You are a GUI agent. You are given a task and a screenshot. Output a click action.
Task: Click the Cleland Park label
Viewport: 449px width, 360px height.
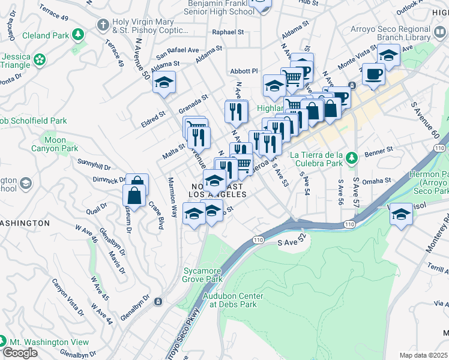45,35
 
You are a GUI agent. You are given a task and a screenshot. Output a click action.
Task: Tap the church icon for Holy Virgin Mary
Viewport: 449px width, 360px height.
103,25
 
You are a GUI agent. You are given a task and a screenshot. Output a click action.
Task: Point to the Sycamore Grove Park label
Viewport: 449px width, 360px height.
202,275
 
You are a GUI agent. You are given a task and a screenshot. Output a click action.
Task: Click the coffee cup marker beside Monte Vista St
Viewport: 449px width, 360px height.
374,74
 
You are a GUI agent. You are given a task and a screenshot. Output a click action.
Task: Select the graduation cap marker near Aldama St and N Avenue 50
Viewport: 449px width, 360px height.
163,82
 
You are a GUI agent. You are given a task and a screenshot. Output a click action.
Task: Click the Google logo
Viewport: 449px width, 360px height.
20,353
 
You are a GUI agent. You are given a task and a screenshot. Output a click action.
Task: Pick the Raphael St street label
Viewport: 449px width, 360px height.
227,32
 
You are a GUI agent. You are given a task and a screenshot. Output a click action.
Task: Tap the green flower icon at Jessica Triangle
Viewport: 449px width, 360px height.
40,59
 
